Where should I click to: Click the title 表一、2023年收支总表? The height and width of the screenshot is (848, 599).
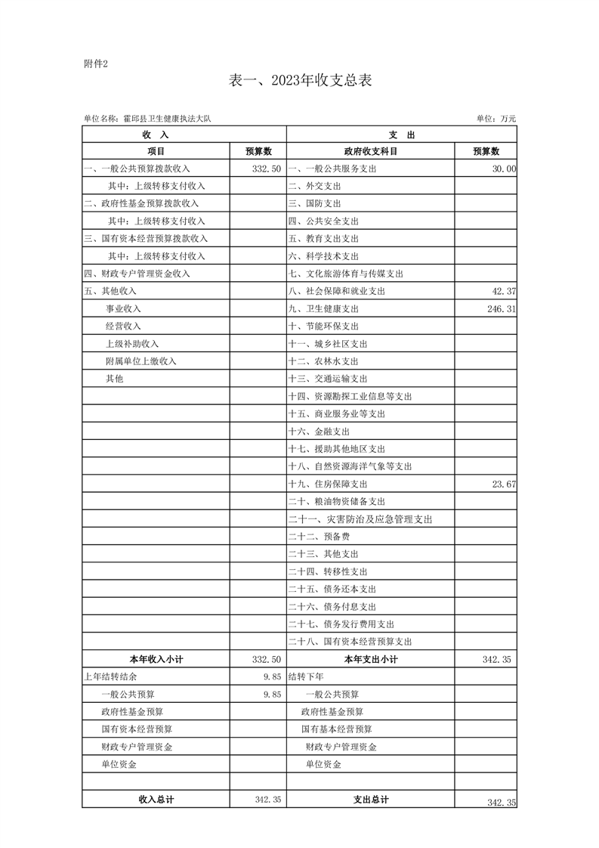click(x=299, y=81)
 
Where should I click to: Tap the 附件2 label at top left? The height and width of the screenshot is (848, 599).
click(x=96, y=63)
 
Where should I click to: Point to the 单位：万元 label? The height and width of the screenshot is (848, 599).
click(x=496, y=119)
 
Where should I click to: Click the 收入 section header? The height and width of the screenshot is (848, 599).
click(x=155, y=135)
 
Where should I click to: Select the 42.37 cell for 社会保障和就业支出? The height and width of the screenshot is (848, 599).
click(x=503, y=291)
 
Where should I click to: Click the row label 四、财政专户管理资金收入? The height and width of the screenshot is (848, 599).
click(x=137, y=274)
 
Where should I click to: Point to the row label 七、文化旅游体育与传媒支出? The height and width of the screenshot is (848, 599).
click(x=346, y=274)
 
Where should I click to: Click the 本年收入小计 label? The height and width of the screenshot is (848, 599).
click(x=156, y=660)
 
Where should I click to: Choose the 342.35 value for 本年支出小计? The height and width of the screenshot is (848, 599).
click(x=496, y=660)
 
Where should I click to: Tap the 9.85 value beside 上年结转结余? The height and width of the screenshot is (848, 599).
click(x=272, y=677)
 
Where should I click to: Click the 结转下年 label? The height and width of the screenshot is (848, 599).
click(x=305, y=677)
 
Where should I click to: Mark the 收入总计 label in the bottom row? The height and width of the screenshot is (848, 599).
click(x=156, y=800)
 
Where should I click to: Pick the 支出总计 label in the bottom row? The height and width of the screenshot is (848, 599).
click(x=371, y=800)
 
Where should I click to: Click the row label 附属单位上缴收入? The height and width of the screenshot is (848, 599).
click(x=141, y=361)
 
